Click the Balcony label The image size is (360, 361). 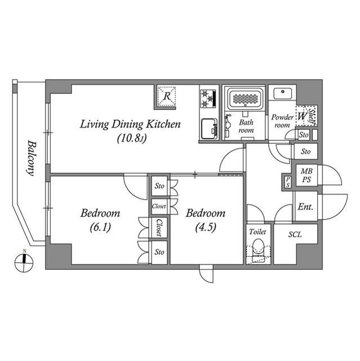point(33,159)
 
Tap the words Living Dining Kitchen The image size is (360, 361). point(130,124)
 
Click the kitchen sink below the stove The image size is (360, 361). point(210,128)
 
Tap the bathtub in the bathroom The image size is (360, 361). point(246,99)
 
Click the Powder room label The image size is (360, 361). point(282,121)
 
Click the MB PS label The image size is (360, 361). point(306,175)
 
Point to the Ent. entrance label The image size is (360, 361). point(305,207)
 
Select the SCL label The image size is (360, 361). point(295,234)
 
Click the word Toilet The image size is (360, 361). point(257,231)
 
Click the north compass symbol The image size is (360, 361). point(23,259)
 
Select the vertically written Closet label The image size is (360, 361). point(159,228)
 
